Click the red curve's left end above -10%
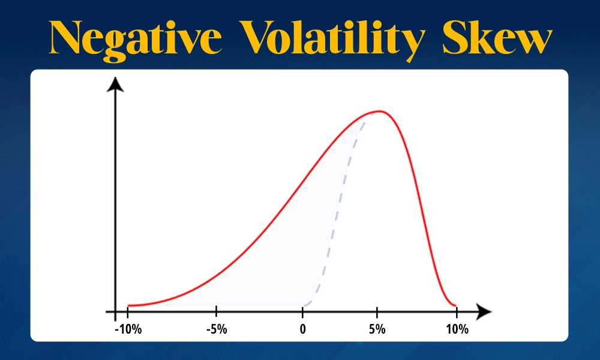(x=128, y=305)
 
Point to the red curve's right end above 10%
(x=455, y=305)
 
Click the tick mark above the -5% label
(x=216, y=312)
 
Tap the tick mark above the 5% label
(x=377, y=312)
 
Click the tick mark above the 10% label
(x=457, y=312)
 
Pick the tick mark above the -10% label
(x=127, y=312)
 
